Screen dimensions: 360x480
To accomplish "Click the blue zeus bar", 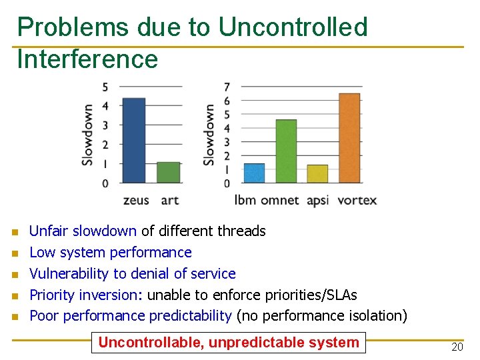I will click(133, 140).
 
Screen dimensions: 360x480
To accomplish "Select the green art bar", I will click(169, 172).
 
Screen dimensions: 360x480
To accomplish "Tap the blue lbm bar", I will click(254, 173).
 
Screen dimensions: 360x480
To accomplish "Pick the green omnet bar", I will click(286, 151).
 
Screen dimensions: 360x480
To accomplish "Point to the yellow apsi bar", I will click(317, 173).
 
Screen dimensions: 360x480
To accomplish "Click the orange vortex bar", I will click(349, 137).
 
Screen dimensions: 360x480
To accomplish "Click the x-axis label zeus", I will click(136, 200).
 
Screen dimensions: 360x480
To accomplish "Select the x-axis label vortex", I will click(357, 200).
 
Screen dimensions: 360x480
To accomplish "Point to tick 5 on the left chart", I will click(105, 87).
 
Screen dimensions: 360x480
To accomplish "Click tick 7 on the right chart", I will click(227, 87).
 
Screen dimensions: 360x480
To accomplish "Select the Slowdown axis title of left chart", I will click(88, 135).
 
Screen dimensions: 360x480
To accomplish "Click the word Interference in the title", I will click(87, 59).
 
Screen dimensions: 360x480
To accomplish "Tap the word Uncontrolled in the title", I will click(293, 27).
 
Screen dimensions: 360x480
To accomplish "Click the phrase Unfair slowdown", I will click(83, 231).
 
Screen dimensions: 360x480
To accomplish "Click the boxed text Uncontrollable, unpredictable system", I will click(229, 343).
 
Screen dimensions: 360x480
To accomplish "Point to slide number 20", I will click(457, 347).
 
